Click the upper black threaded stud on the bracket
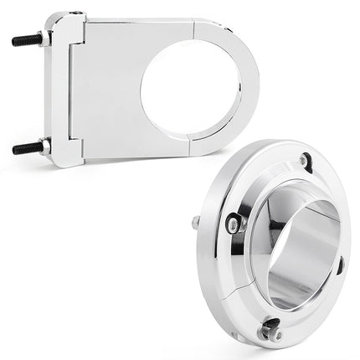pos(26,39)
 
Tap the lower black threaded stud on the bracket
pos(26,147)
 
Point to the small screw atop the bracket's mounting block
pos(76,13)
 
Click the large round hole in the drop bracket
pos(190,89)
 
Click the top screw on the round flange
pos(304,158)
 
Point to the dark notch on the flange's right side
pos(340,266)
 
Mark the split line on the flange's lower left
pos(224,288)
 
